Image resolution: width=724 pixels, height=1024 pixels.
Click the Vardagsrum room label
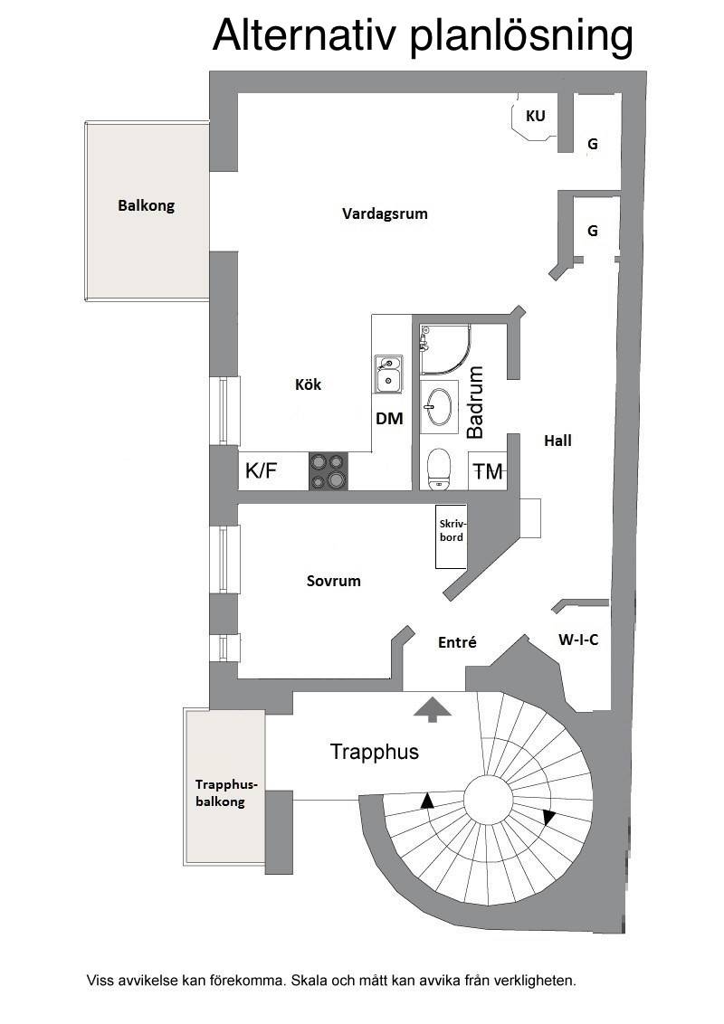click(385, 213)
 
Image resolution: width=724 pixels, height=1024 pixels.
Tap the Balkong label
click(147, 205)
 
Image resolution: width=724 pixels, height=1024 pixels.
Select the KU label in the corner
click(535, 116)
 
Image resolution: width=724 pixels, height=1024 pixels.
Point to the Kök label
click(308, 384)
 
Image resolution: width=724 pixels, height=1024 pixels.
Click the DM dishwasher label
click(389, 419)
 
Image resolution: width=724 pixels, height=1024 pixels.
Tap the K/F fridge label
click(262, 470)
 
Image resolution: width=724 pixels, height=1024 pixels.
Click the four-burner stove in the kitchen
click(328, 471)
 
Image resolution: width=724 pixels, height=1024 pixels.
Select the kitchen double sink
click(388, 375)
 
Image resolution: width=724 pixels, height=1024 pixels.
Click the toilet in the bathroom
click(437, 469)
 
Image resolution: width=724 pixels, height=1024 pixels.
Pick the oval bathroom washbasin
click(438, 406)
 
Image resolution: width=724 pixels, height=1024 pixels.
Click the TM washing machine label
click(488, 471)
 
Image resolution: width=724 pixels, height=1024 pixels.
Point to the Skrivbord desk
click(452, 536)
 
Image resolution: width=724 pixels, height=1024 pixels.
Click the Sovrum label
click(333, 581)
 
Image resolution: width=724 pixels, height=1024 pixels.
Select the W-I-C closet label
click(578, 640)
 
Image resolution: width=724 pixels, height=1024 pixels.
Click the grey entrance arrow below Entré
click(432, 709)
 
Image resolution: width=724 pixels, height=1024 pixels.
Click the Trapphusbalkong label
click(220, 792)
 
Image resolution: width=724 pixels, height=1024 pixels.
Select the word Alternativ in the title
click(304, 35)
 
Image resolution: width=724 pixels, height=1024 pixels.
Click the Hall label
click(558, 441)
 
